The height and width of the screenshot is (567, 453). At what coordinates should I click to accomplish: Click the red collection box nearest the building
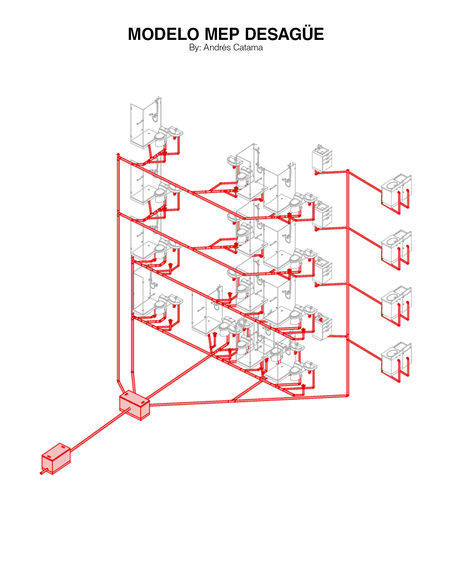click(x=135, y=405)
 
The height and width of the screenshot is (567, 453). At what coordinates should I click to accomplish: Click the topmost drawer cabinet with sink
click(x=322, y=158)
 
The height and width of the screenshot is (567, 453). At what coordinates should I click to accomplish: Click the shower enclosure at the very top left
click(x=146, y=123)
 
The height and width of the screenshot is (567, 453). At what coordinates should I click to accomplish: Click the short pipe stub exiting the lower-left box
click(x=44, y=472)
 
